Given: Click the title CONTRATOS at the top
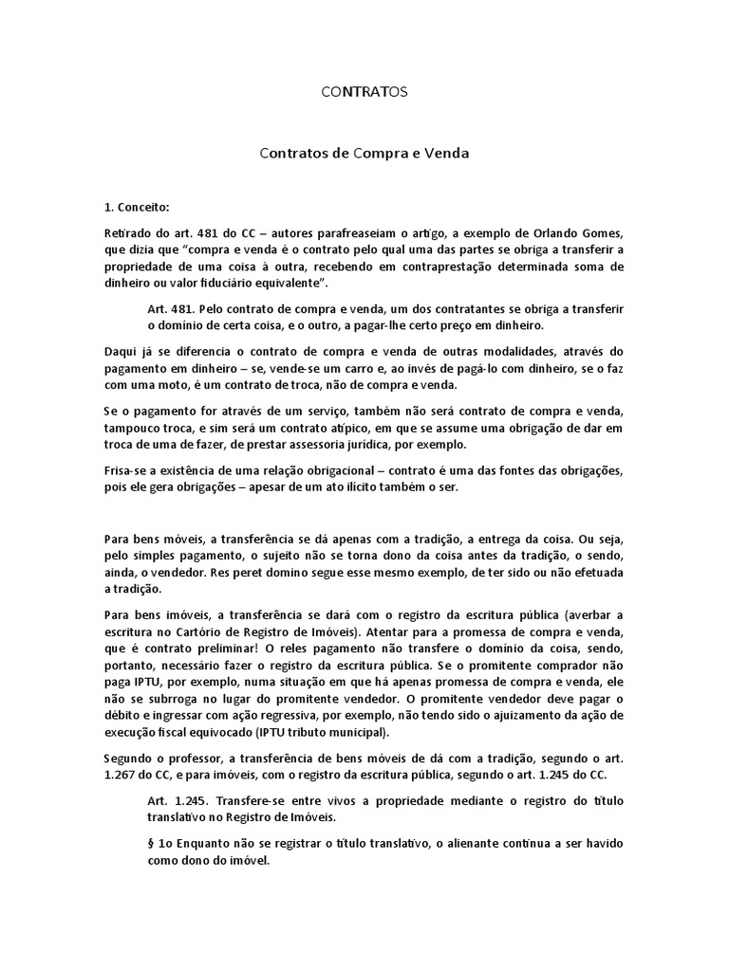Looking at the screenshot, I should pos(364,92).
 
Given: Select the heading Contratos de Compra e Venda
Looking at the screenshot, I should pos(364,151).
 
